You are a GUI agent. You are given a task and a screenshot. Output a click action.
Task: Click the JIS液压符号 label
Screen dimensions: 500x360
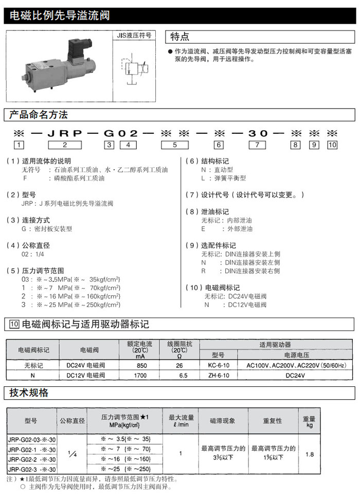point(135,36)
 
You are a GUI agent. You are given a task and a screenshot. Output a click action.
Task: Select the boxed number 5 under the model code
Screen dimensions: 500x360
point(175,145)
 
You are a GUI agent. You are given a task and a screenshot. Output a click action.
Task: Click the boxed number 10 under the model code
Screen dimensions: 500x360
point(332,145)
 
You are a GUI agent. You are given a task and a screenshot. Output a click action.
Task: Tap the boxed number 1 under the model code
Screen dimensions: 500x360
point(19,145)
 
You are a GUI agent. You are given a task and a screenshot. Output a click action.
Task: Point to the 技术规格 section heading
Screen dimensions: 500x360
point(29,393)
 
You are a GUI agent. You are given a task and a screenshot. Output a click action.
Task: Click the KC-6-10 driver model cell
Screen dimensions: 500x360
point(219,365)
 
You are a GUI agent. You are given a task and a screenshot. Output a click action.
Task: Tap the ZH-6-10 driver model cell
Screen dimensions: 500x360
point(219,376)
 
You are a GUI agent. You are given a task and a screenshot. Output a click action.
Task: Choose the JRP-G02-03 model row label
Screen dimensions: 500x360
point(32,439)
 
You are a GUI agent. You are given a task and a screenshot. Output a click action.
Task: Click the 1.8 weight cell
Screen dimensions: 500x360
point(309,454)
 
